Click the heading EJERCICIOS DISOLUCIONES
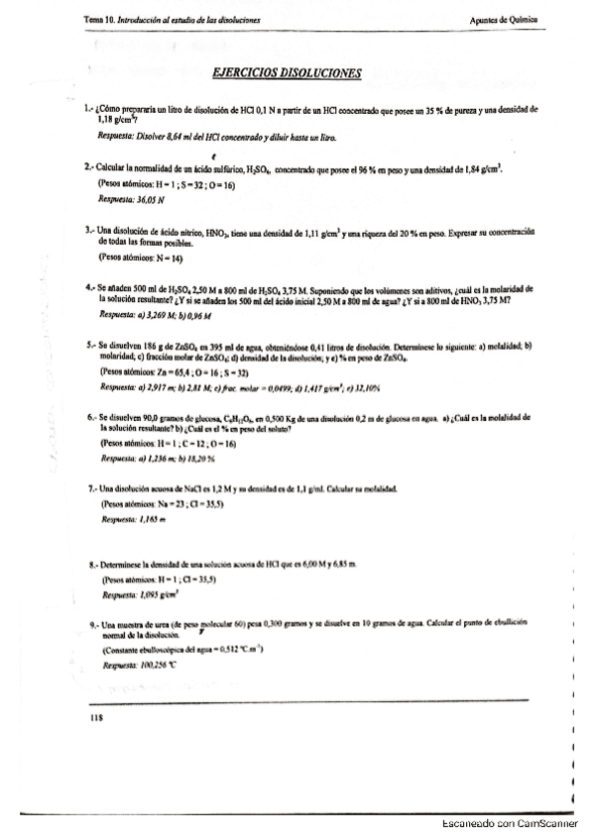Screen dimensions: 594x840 pyautogui.click(x=288, y=72)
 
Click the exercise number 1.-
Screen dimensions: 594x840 pyautogui.click(x=89, y=107)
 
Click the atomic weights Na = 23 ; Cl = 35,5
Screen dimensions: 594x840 pyautogui.click(x=162, y=503)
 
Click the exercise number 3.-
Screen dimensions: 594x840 pyautogui.click(x=89, y=229)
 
